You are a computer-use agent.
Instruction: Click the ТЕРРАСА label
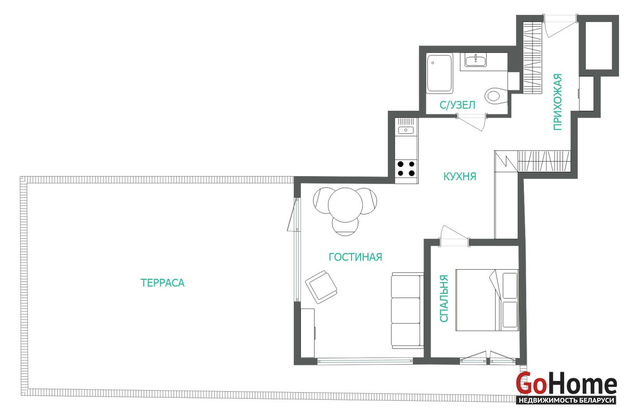coord(162,283)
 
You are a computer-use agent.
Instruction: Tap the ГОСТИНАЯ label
coord(355,257)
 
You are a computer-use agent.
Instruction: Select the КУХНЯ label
coord(459,176)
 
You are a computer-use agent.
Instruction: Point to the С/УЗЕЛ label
coord(457,105)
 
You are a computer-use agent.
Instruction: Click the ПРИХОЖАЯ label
coord(558,102)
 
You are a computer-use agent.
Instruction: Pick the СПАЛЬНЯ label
coord(443,299)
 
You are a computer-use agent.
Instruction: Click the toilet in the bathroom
coord(496,95)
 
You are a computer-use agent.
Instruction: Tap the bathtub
coord(439,73)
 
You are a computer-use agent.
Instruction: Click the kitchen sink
coord(406,130)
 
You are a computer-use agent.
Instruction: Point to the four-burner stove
coord(406,169)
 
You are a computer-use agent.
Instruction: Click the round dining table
coord(345,204)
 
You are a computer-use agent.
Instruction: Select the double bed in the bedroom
coord(487,300)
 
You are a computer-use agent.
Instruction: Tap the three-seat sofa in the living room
coord(407,311)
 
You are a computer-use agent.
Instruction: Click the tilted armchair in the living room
coord(321,287)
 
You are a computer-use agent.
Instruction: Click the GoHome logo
coord(566,388)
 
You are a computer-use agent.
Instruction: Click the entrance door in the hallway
coord(560,26)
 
